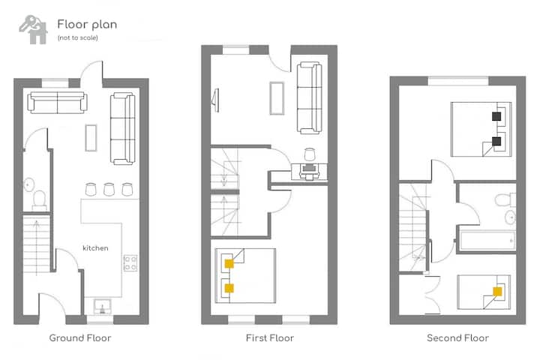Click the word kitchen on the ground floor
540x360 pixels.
tap(95, 248)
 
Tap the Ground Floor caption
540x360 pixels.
tap(80, 338)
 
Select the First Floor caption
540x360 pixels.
tap(270, 338)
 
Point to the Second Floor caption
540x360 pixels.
tap(457, 338)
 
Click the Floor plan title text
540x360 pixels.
tap(87, 25)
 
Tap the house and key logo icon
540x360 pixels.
tap(34, 30)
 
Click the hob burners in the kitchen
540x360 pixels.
tap(130, 262)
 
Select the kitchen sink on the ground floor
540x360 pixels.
tap(102, 307)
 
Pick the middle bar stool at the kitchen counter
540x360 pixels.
tap(109, 190)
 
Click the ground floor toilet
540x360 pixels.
tap(40, 200)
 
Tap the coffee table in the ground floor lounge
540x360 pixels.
tap(91, 138)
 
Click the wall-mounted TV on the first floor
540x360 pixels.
tap(216, 100)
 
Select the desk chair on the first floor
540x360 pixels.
tap(310, 154)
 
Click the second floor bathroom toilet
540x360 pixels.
tap(505, 199)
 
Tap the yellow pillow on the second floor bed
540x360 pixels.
tap(497, 292)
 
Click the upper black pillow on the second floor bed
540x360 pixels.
tap(496, 116)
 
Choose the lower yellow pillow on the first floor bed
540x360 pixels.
tap(229, 288)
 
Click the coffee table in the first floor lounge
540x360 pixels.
tap(277, 98)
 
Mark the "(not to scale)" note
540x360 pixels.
tap(78, 38)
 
